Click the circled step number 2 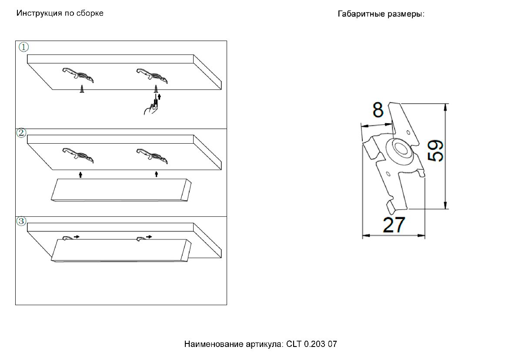[21, 133]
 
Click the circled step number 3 [21, 221]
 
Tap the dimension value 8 [378, 111]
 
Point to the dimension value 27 [394, 225]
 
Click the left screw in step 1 [81, 90]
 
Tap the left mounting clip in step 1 [79, 75]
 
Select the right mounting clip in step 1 [153, 75]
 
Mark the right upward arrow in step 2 [157, 175]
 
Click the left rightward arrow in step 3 [76, 237]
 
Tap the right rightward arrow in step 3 [149, 237]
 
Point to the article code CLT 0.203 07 [311, 344]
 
